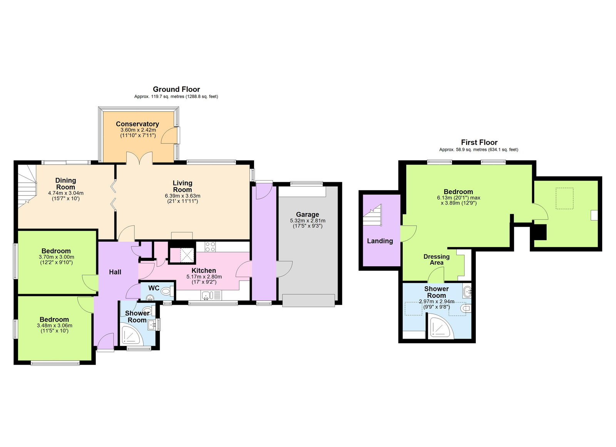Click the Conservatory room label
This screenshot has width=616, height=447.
pyautogui.click(x=137, y=124)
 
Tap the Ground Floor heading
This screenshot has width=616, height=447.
pyautogui.click(x=176, y=89)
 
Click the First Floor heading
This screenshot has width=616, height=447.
pyautogui.click(x=479, y=142)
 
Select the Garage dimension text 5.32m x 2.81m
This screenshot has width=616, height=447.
pyautogui.click(x=307, y=221)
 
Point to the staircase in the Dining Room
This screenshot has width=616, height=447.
pyautogui.click(x=27, y=184)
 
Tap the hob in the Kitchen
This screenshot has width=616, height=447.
pyautogui.click(x=210, y=247)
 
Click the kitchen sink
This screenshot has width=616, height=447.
pyautogui.click(x=207, y=295)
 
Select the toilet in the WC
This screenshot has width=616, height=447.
pyautogui.click(x=167, y=292)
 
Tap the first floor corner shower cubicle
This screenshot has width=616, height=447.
pyautogui.click(x=440, y=327)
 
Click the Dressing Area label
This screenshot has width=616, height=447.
pyautogui.click(x=436, y=259)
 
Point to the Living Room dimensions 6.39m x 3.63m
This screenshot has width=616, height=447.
pyautogui.click(x=182, y=196)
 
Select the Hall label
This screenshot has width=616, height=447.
pyautogui.click(x=115, y=272)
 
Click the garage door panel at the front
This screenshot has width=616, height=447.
pyautogui.click(x=308, y=300)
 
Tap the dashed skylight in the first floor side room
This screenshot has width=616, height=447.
pyautogui.click(x=564, y=198)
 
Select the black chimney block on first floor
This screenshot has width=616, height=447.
pyautogui.click(x=540, y=232)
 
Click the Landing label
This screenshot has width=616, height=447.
pyautogui.click(x=380, y=241)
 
